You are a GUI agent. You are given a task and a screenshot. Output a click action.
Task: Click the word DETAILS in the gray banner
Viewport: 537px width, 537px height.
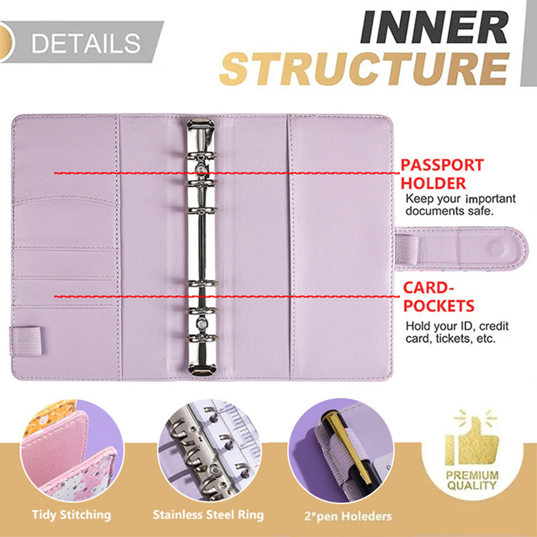[86, 43]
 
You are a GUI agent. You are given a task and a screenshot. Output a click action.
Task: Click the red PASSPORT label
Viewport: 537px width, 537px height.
[442, 165]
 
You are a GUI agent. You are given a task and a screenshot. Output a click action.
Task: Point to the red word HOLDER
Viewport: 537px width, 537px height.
[433, 184]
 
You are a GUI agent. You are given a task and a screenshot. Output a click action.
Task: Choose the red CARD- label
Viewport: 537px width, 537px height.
[428, 288]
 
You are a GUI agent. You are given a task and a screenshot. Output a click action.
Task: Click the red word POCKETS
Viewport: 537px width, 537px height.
[439, 306]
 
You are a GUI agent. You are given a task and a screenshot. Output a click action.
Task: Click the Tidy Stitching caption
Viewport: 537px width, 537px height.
[71, 515]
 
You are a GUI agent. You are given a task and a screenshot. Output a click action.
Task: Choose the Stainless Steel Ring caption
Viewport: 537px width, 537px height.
[208, 515]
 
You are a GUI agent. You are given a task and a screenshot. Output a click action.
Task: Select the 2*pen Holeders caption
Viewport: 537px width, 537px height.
[348, 516]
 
